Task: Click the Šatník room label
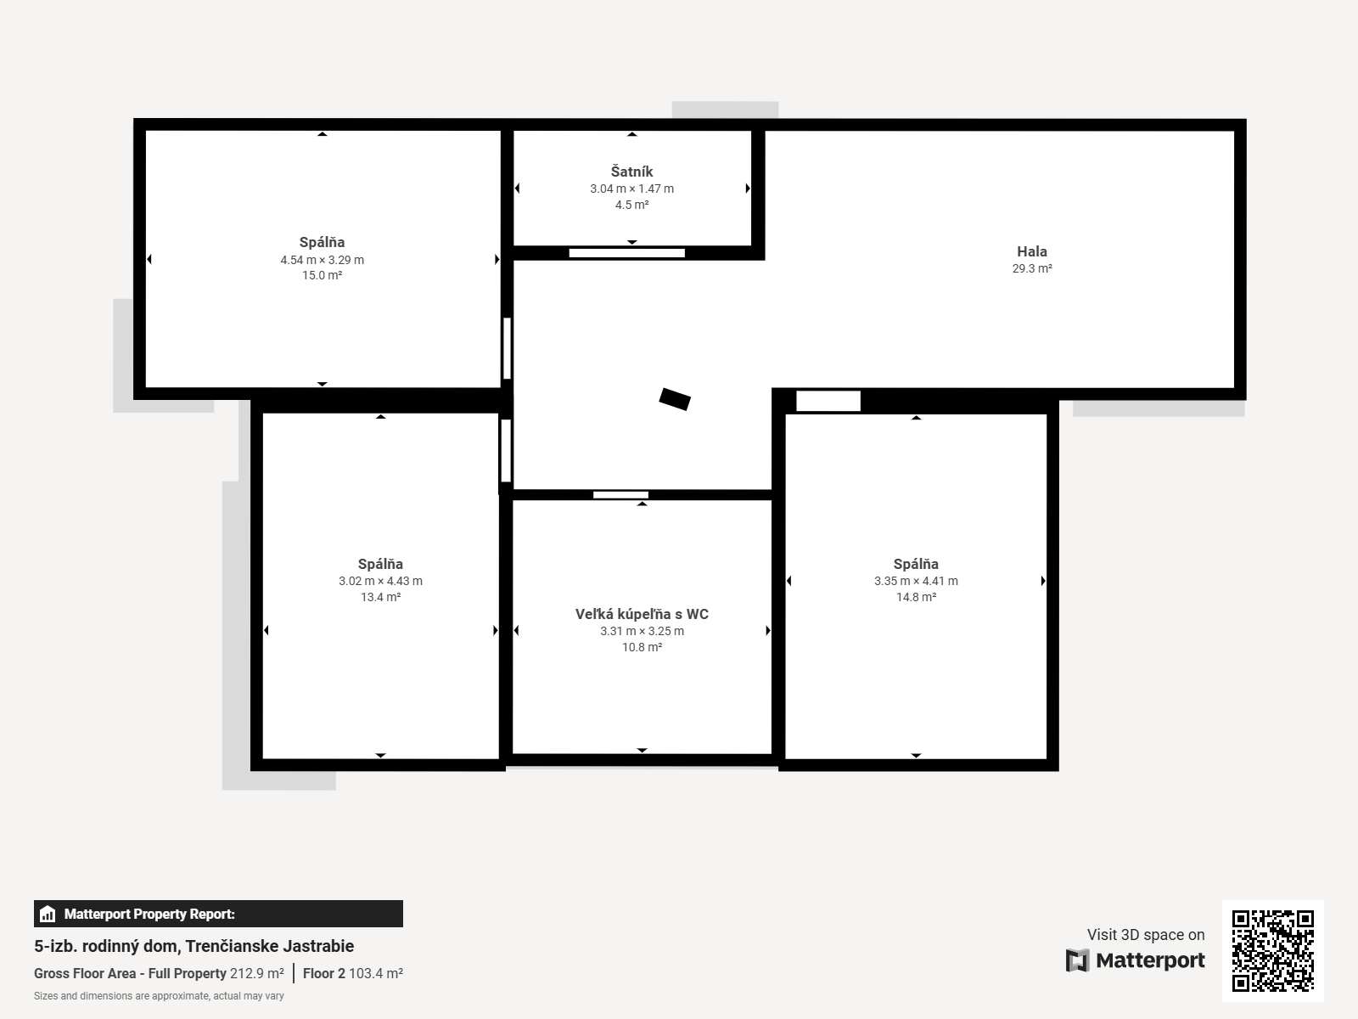click(631, 172)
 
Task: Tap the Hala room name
click(1032, 251)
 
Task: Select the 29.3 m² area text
click(1032, 268)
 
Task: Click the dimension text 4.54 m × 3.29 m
click(323, 260)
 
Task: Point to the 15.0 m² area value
click(323, 275)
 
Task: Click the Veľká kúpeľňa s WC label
click(643, 614)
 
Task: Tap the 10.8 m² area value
click(643, 647)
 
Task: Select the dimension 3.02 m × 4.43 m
click(380, 581)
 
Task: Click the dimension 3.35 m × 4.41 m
click(917, 581)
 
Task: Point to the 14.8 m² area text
click(917, 597)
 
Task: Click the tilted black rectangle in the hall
click(675, 399)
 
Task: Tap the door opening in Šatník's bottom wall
click(626, 253)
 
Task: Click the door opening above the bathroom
click(620, 495)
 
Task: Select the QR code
click(1272, 950)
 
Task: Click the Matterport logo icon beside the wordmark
click(1077, 960)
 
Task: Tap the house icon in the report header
click(48, 914)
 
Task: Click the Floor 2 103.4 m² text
click(352, 973)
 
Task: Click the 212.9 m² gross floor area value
click(257, 973)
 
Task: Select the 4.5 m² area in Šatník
click(631, 205)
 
